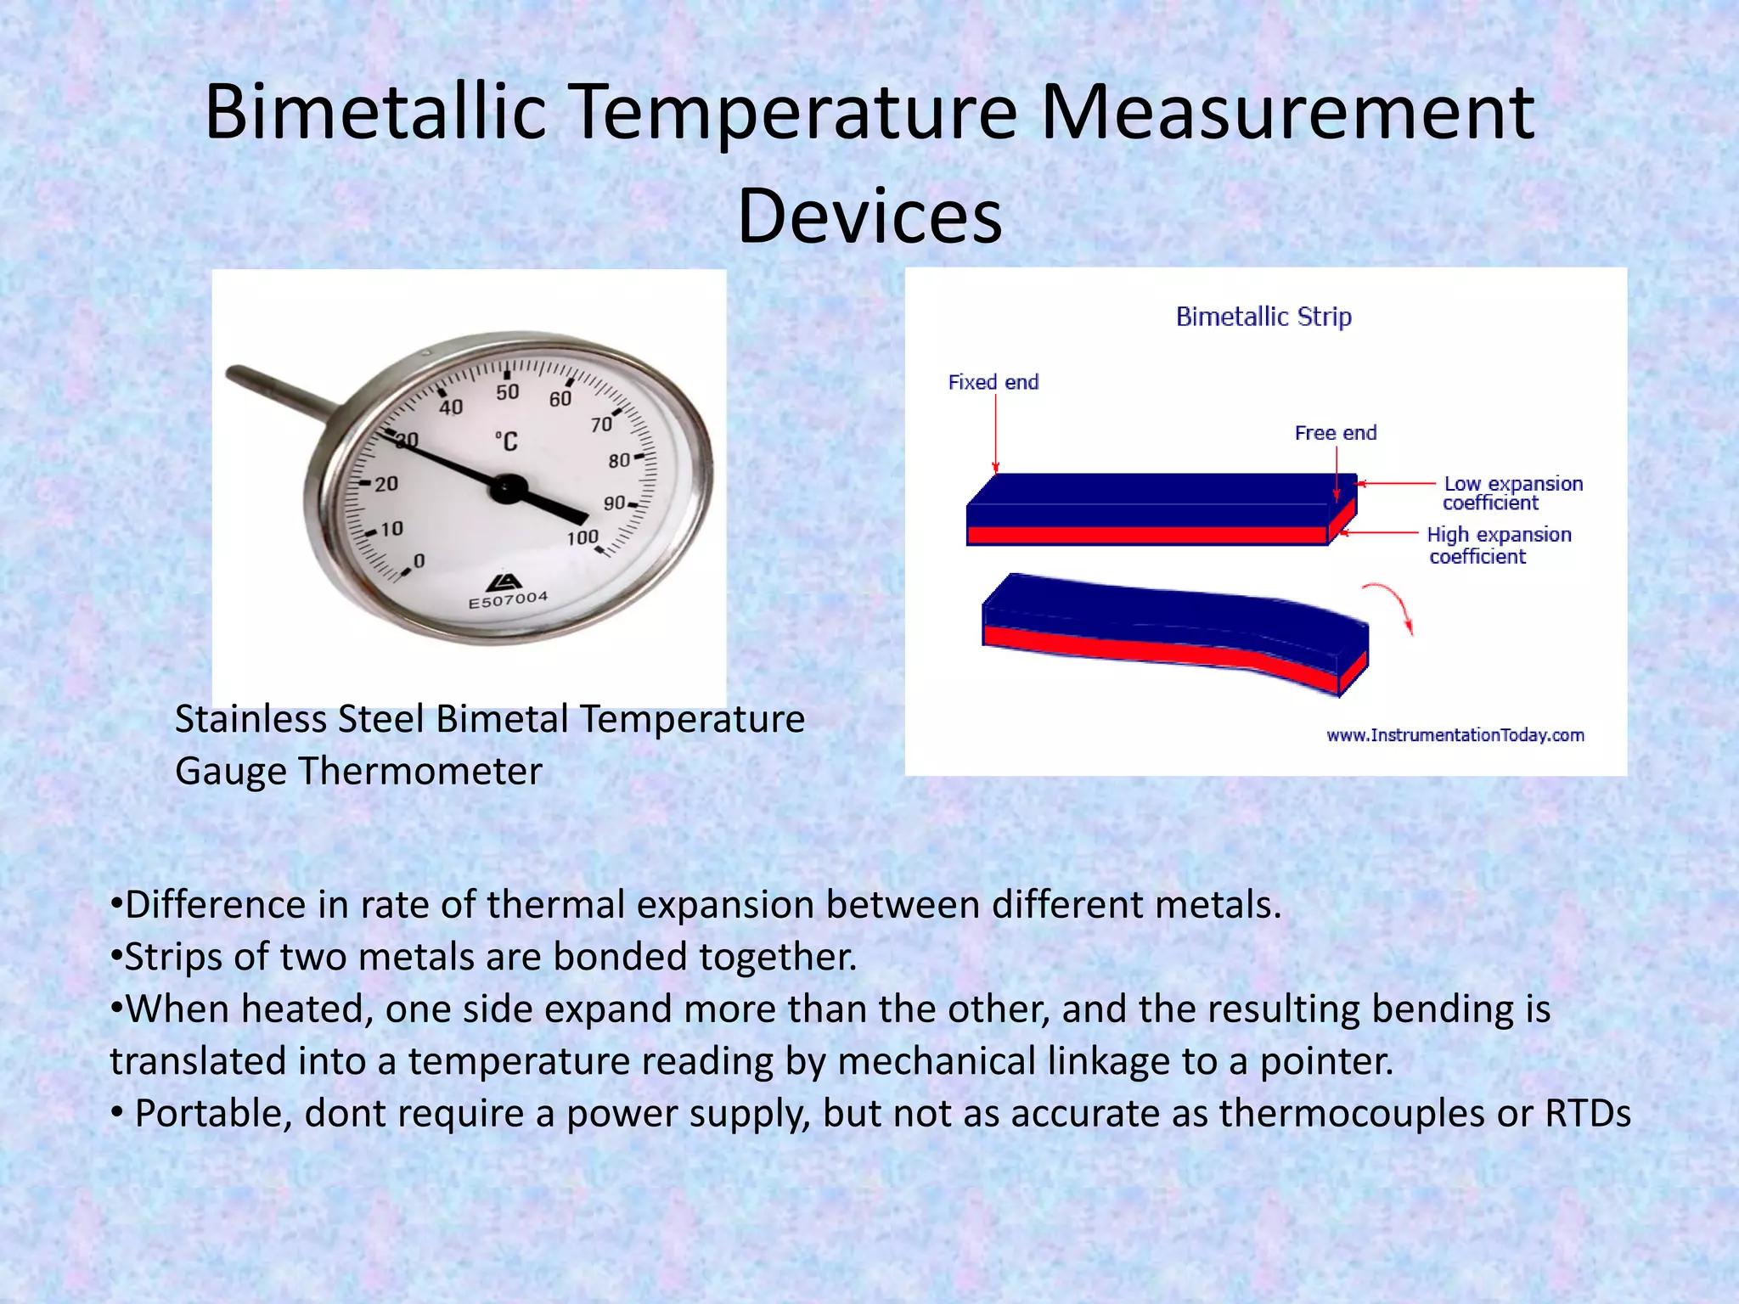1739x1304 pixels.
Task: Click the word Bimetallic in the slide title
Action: tap(374, 112)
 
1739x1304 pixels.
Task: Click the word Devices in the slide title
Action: tap(869, 216)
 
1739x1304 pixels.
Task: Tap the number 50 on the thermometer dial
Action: tap(507, 392)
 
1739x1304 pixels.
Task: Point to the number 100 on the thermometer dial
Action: tap(582, 537)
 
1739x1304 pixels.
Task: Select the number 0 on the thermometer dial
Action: tap(419, 561)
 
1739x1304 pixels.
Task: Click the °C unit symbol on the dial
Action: tap(506, 441)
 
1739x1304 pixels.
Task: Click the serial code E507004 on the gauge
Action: tap(508, 600)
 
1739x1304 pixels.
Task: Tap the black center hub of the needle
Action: tap(509, 487)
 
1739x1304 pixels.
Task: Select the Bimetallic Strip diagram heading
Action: tap(1263, 317)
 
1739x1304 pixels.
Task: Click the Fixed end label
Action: tap(993, 382)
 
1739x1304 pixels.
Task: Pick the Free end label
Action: tap(1335, 433)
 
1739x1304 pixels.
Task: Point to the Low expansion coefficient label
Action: tap(1511, 493)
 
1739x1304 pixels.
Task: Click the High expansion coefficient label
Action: tap(1499, 545)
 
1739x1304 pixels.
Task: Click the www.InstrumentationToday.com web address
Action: tap(1455, 735)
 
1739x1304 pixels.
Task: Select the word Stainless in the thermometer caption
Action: tap(251, 720)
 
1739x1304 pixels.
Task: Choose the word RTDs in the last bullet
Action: tap(1587, 1114)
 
